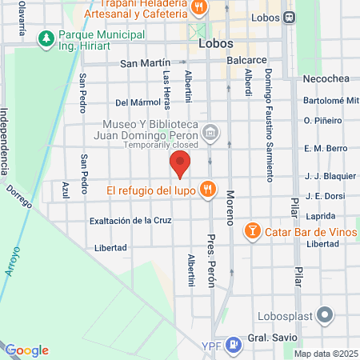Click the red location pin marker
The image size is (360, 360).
pyautogui.click(x=180, y=164)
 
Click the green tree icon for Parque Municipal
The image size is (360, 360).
pyautogui.click(x=47, y=38)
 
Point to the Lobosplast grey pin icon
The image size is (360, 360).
pyautogui.click(x=325, y=315)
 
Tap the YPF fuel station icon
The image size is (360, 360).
pyautogui.click(x=233, y=346)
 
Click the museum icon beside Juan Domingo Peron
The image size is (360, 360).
pyautogui.click(x=210, y=132)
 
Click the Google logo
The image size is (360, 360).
pyautogui.click(x=27, y=350)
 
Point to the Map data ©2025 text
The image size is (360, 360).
pyautogui.click(x=325, y=354)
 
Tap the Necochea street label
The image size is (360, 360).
pyautogui.click(x=322, y=78)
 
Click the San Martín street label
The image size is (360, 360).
pyautogui.click(x=146, y=62)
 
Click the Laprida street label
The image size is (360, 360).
pyautogui.click(x=320, y=216)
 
